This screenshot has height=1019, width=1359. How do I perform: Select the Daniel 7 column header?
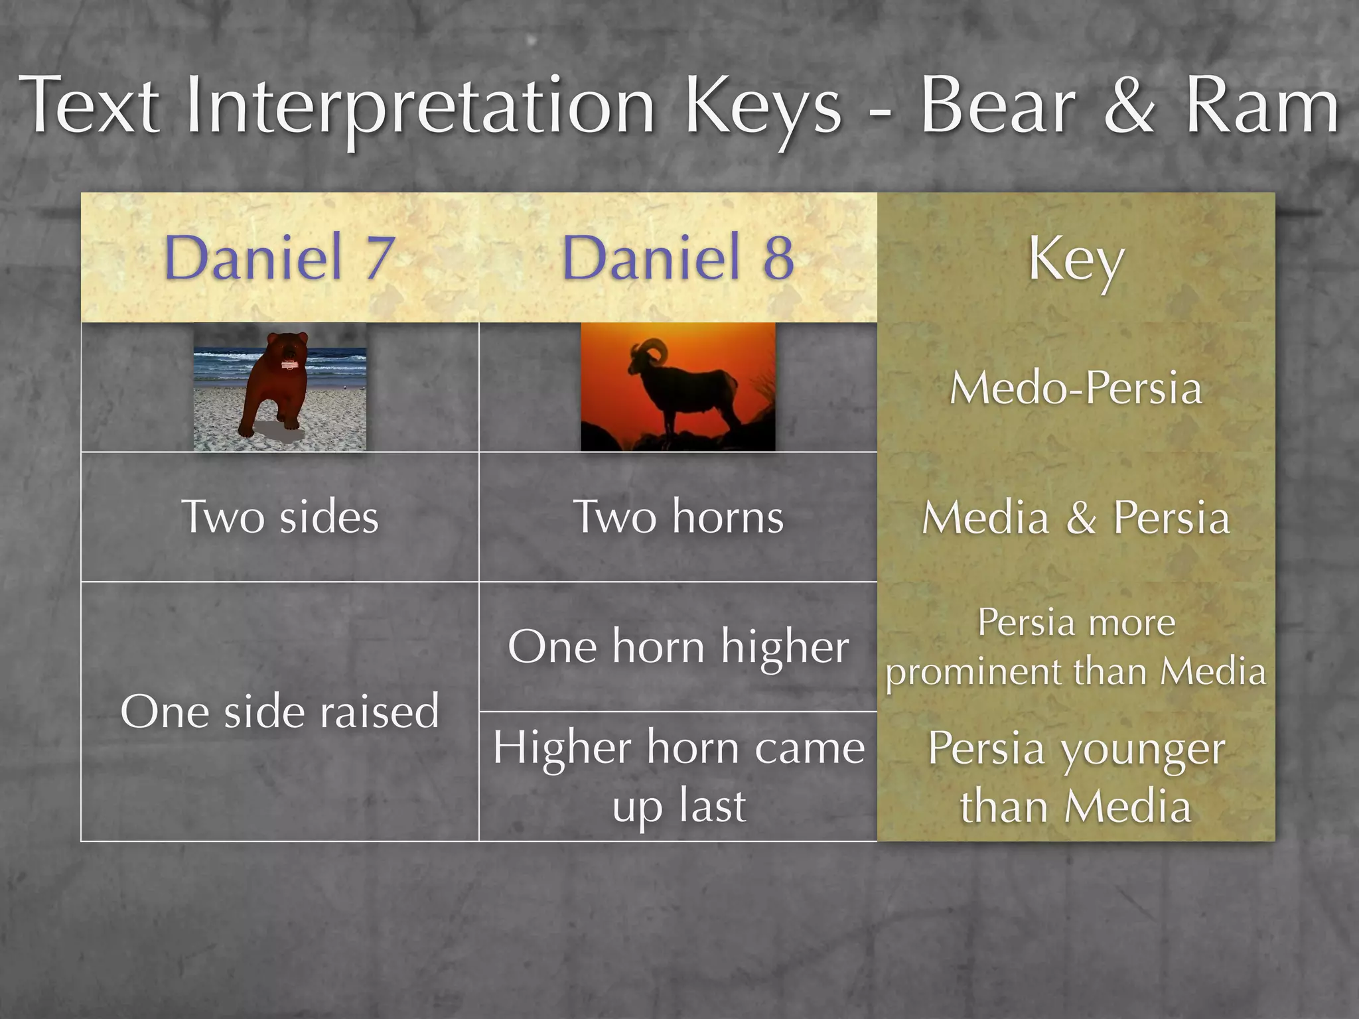pyautogui.click(x=279, y=257)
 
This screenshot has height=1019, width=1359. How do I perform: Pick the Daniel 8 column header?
pyautogui.click(x=678, y=257)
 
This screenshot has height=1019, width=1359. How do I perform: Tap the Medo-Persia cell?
pyautogui.click(x=1076, y=387)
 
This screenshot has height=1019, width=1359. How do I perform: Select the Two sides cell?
pyautogui.click(x=279, y=517)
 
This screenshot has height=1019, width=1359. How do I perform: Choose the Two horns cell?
pyautogui.click(x=678, y=517)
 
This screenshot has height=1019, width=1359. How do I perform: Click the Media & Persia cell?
pyautogui.click(x=1076, y=517)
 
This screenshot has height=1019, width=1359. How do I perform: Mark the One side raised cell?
pyautogui.click(x=279, y=711)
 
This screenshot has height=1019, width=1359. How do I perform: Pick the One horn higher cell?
pyautogui.click(x=678, y=647)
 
